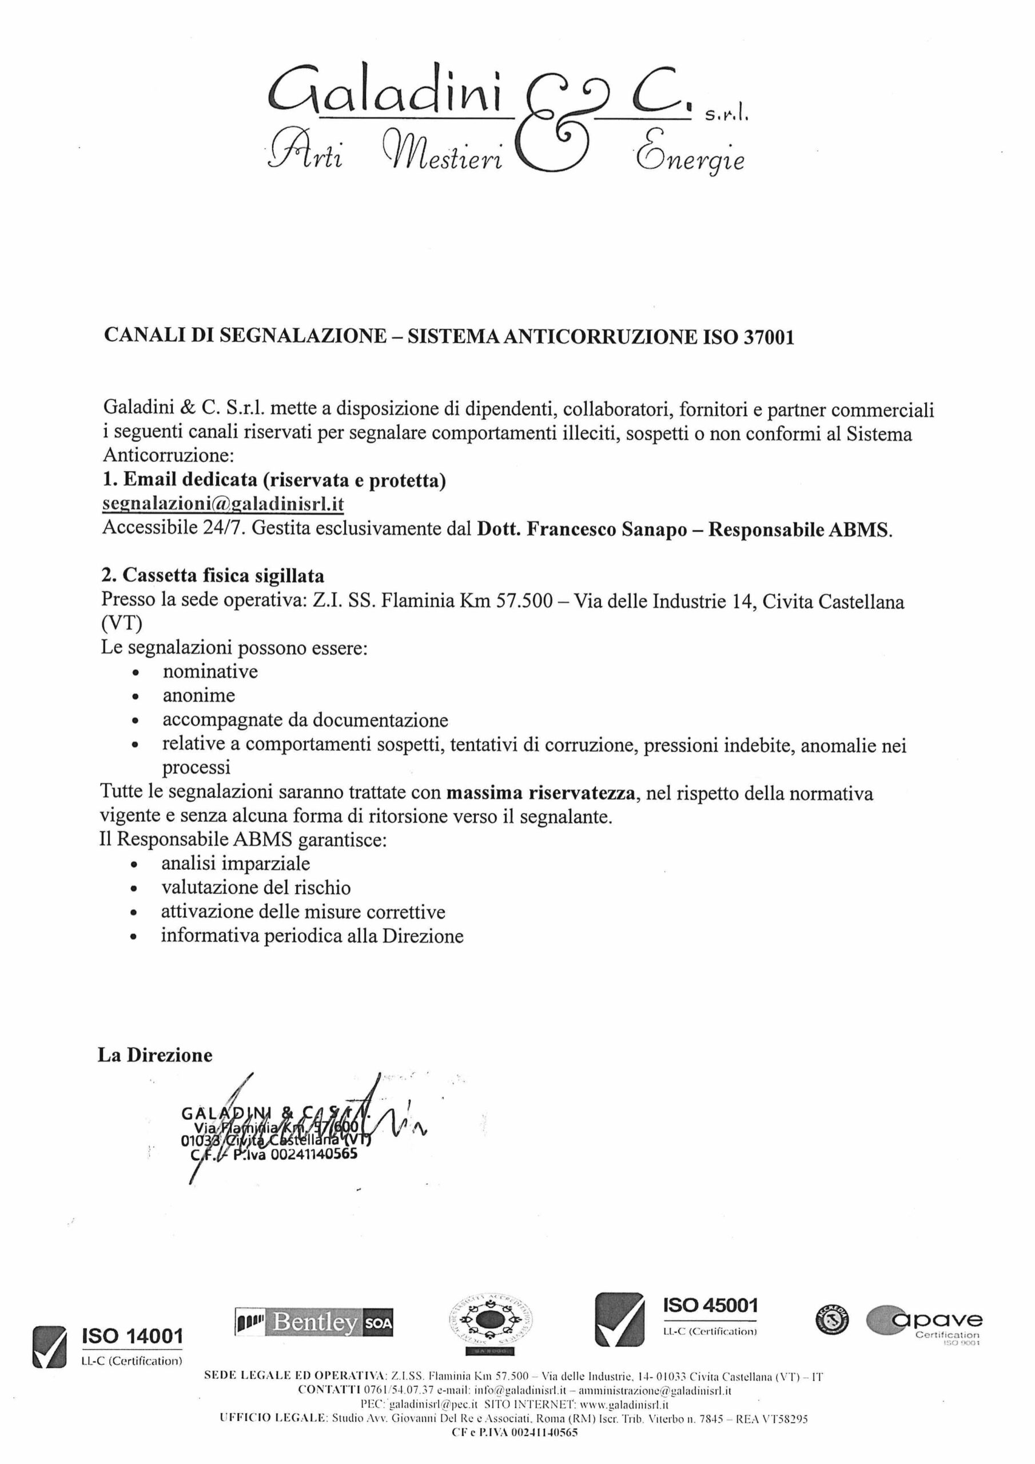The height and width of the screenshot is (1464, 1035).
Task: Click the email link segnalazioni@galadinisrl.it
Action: [223, 504]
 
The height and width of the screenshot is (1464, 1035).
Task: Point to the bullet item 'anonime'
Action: [198, 695]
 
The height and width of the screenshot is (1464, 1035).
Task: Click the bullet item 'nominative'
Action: [210, 671]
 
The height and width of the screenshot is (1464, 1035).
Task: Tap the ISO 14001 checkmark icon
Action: [49, 1347]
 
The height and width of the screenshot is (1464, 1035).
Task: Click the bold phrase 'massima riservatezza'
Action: [541, 793]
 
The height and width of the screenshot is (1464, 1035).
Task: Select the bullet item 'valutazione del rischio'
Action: [256, 888]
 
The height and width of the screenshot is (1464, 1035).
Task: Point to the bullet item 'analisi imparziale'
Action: [236, 864]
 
